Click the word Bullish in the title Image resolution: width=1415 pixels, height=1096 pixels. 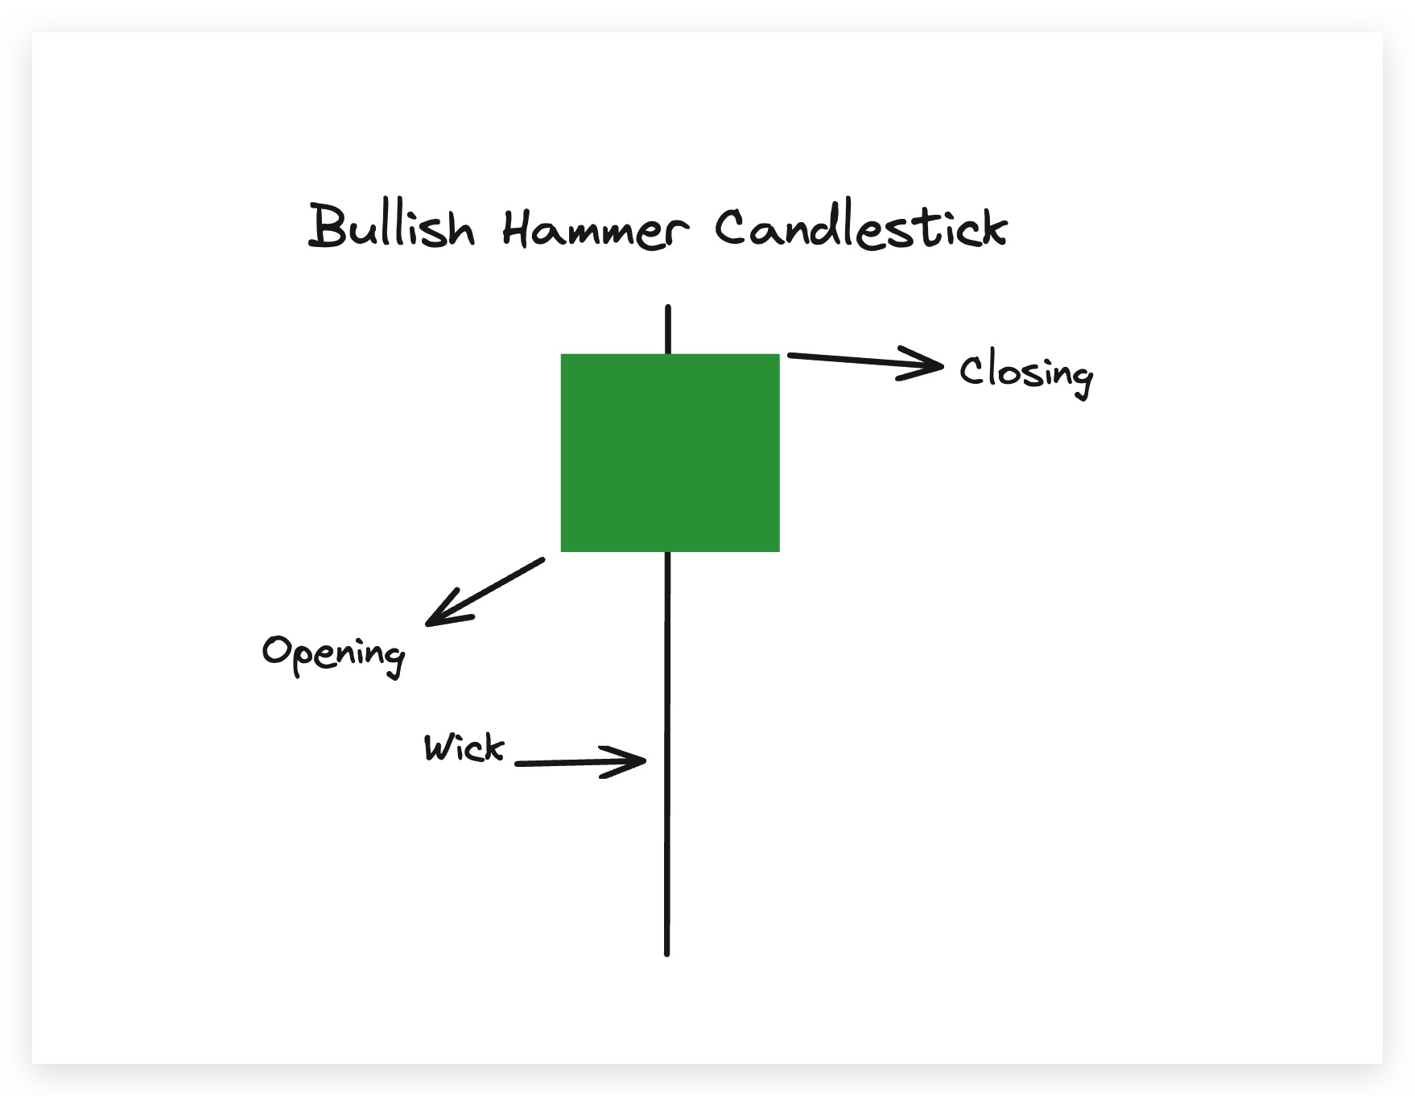(392, 227)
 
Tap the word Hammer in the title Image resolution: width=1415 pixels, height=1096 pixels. (595, 229)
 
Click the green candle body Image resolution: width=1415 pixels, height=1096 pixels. (670, 452)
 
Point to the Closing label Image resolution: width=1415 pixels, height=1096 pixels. (1025, 373)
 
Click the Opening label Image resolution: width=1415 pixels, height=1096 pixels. (333, 653)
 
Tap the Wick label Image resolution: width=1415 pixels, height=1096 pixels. (464, 748)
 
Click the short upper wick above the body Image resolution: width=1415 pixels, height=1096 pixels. (668, 330)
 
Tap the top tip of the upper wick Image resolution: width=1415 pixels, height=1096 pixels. (668, 308)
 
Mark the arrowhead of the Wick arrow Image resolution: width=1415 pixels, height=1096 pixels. (639, 760)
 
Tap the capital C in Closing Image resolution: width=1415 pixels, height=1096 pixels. (972, 371)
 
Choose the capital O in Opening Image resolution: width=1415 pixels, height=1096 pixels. (277, 649)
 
